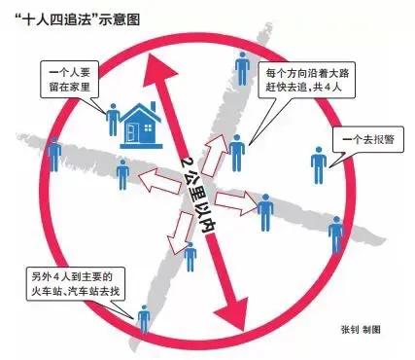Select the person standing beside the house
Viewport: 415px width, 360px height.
point(114,119)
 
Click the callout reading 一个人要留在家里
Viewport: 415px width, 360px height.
point(74,80)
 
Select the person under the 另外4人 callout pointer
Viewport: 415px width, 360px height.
point(145,319)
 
